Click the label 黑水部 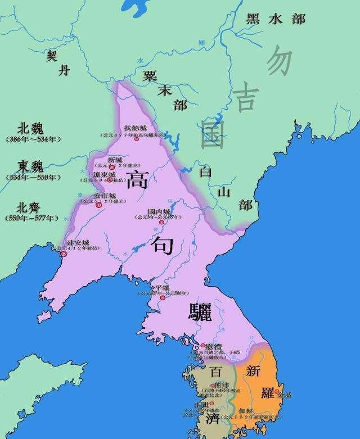click(x=276, y=19)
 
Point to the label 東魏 click(x=31, y=166)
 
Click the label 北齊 click(x=31, y=206)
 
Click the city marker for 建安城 click(x=64, y=254)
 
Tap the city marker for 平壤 click(x=163, y=297)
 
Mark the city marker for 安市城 click(x=99, y=206)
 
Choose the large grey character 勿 click(x=279, y=62)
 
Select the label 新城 click(x=115, y=160)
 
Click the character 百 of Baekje click(x=215, y=372)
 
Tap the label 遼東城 click(x=105, y=175)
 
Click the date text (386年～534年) click(x=34, y=138)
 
